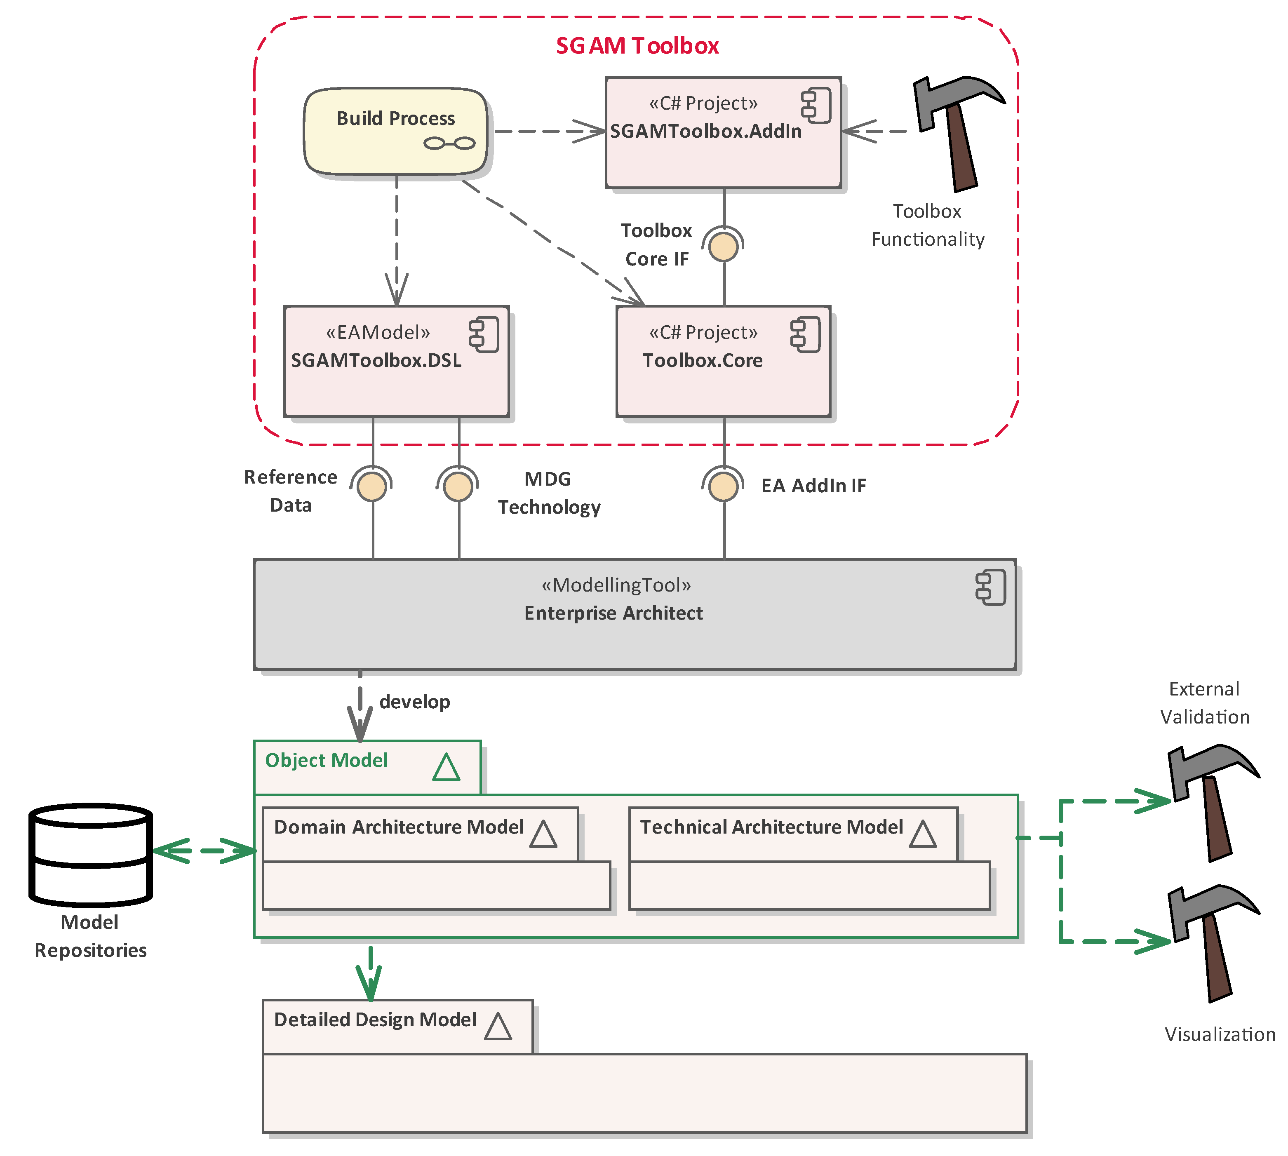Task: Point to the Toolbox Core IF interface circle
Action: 724,247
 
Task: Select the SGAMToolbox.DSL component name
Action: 376,361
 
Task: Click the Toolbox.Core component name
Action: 703,361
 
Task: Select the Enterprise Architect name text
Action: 613,613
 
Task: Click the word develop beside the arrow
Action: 415,702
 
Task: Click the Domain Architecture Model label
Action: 399,827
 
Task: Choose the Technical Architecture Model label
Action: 771,827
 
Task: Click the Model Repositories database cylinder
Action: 91,854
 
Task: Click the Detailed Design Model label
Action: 375,1020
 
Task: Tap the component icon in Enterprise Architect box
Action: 991,587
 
